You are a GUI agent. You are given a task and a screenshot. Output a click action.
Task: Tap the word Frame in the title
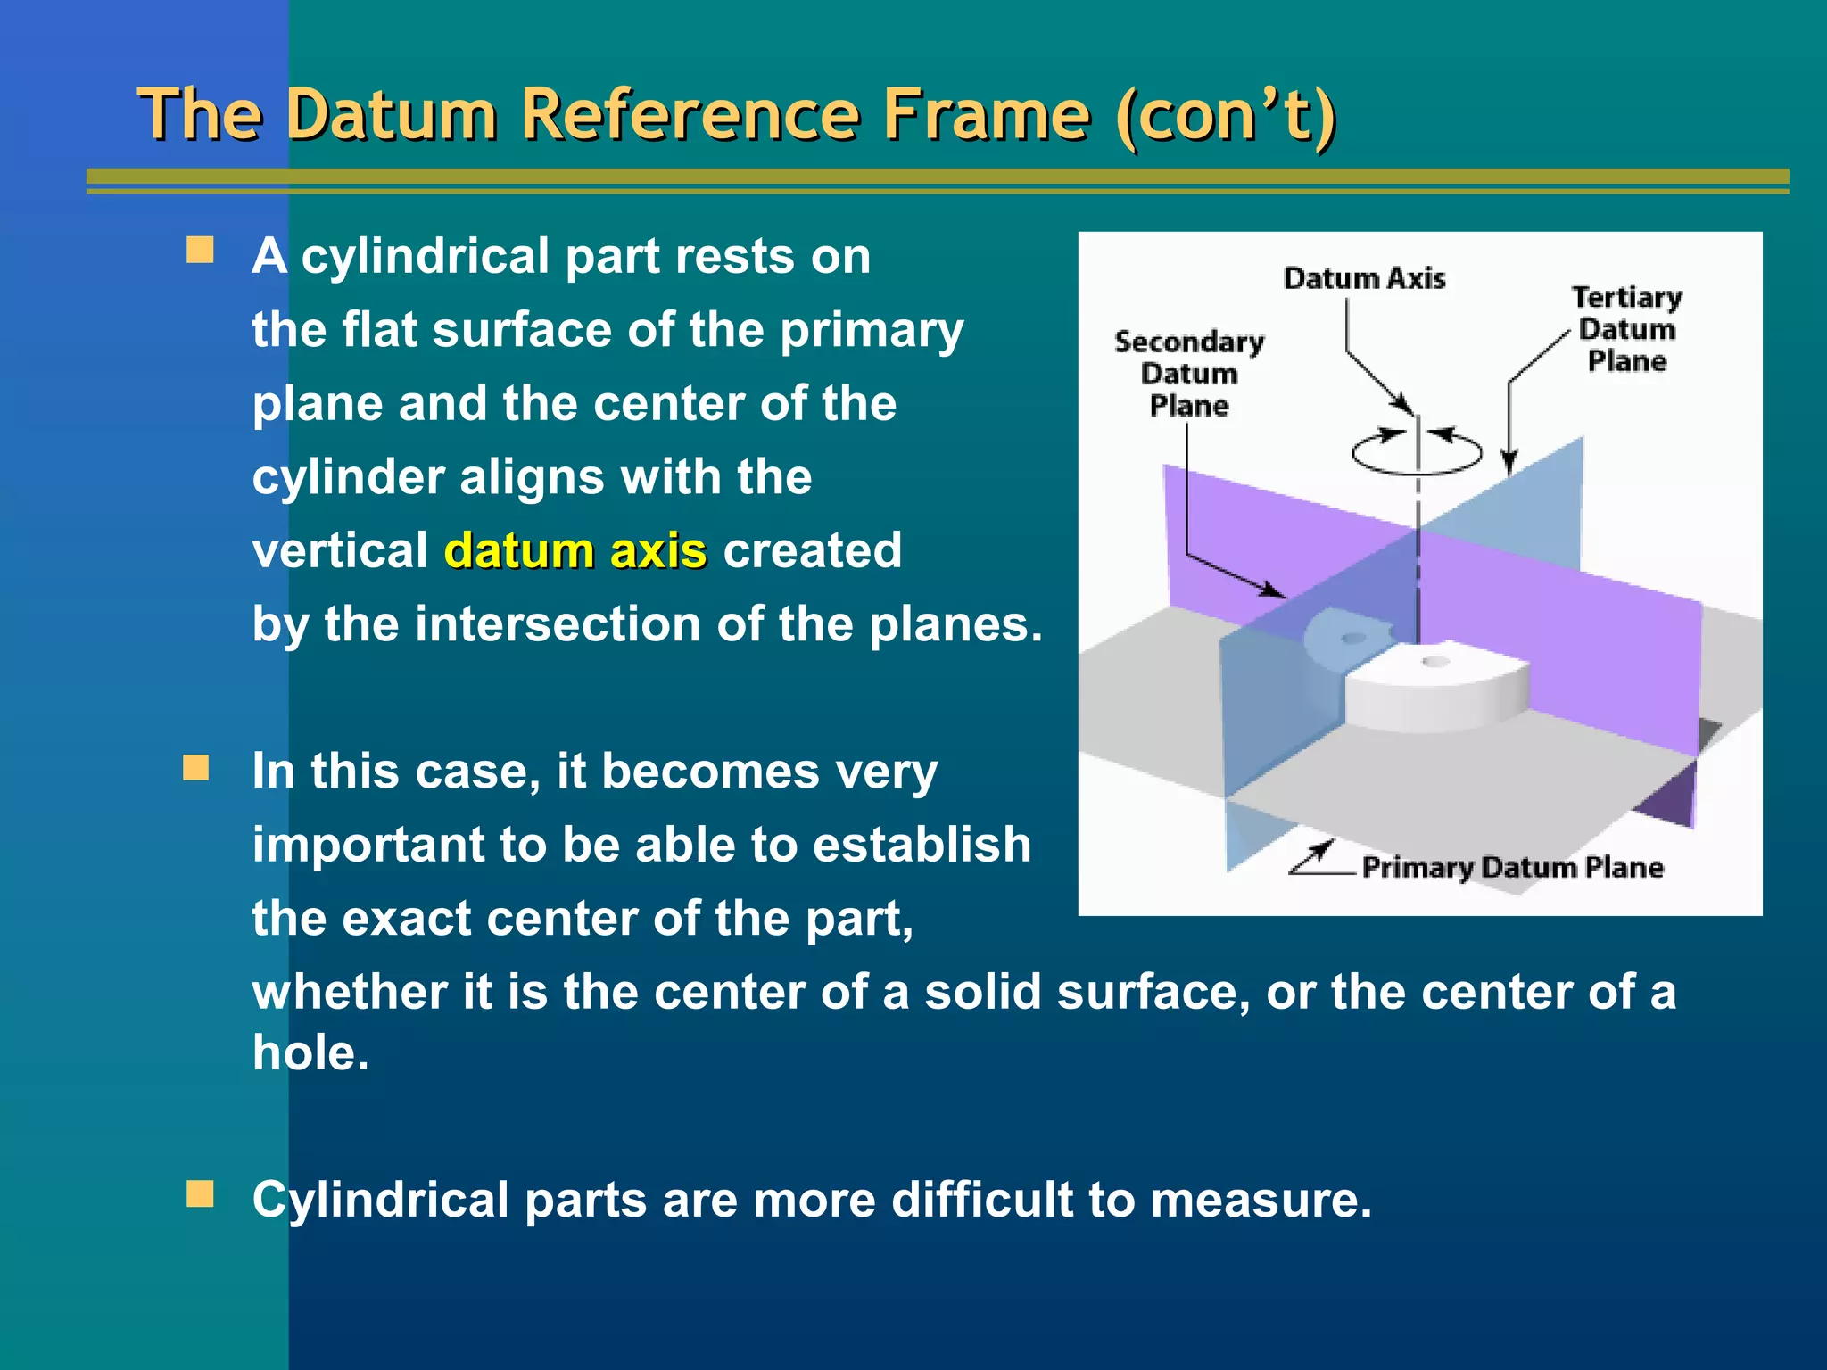click(985, 116)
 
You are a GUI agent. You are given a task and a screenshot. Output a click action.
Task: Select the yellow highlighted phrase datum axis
click(575, 550)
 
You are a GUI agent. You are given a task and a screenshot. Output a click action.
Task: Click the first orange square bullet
click(200, 251)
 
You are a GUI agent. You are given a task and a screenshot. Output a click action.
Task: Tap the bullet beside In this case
click(196, 767)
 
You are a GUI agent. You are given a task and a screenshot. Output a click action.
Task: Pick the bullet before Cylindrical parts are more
click(200, 1193)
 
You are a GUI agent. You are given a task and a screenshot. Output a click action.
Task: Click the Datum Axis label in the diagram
click(1364, 278)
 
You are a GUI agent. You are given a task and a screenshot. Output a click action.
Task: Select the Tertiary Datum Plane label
click(1626, 328)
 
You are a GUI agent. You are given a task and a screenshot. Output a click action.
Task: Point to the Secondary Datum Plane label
click(1188, 374)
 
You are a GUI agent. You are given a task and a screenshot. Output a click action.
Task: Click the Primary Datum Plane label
click(1512, 867)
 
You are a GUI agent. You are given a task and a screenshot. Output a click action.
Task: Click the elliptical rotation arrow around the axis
click(1417, 453)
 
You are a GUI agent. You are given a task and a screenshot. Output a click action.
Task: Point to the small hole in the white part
click(1434, 662)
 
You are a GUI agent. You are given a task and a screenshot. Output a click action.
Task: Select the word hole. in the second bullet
click(310, 1053)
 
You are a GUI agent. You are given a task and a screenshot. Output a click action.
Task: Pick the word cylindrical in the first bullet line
click(425, 257)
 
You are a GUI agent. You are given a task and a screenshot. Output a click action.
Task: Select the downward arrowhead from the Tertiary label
click(1509, 464)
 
